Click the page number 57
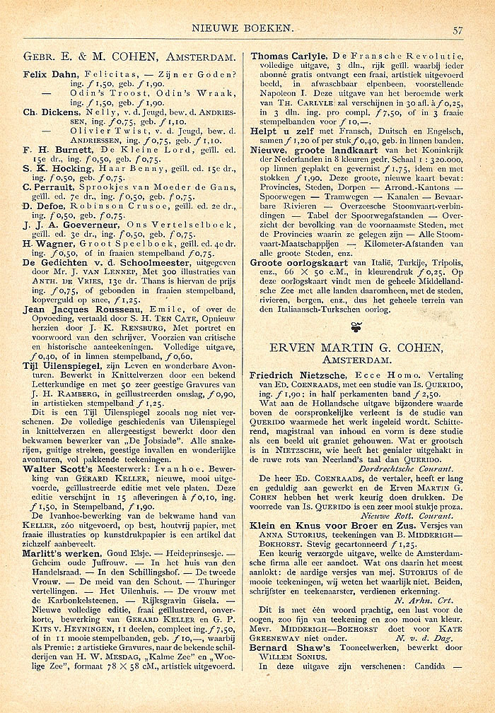tap(458, 30)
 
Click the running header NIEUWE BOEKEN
tap(242, 29)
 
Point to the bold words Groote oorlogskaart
tap(298, 261)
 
